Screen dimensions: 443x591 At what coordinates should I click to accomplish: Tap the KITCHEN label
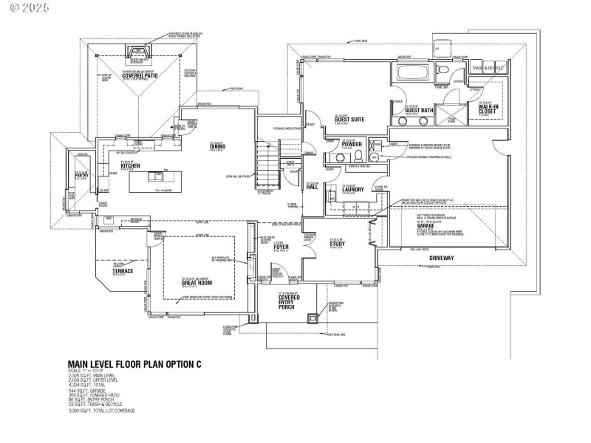tap(130, 165)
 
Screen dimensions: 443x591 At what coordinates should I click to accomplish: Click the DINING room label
tap(217, 146)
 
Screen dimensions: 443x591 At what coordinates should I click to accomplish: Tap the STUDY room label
tap(338, 243)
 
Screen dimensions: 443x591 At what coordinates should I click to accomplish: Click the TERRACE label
tap(123, 271)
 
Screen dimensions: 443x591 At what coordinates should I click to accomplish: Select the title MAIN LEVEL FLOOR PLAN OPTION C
tap(134, 364)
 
